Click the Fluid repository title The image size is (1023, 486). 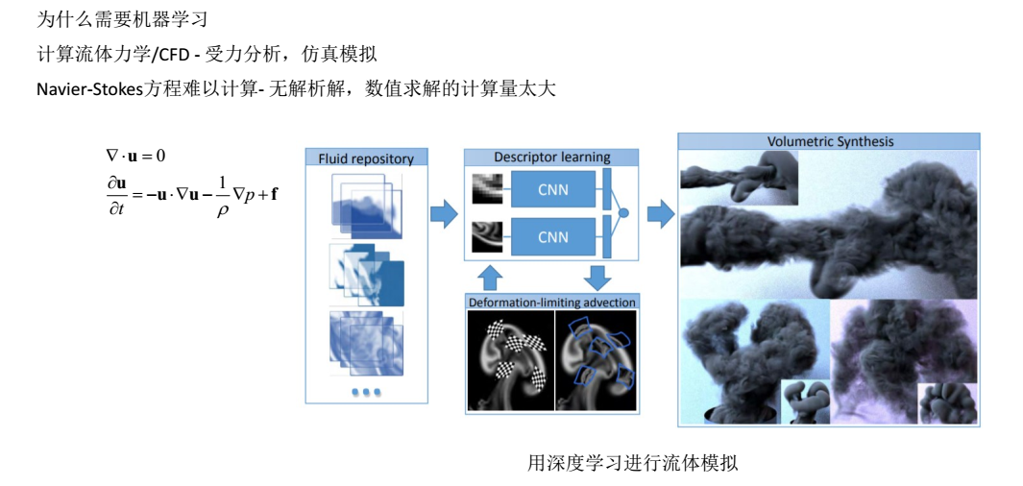click(x=366, y=158)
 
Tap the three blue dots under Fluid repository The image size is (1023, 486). click(x=365, y=392)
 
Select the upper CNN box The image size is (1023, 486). click(x=552, y=189)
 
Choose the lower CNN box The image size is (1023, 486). click(x=552, y=236)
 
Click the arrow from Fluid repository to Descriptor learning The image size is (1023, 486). click(x=445, y=213)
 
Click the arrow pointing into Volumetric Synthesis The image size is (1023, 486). click(x=660, y=213)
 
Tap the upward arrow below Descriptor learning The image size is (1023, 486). click(x=490, y=279)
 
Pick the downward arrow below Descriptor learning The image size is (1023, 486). click(x=597, y=278)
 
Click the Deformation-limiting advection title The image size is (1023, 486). click(x=551, y=303)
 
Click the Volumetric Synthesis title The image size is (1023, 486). click(x=830, y=141)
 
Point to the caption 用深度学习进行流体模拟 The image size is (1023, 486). click(x=632, y=463)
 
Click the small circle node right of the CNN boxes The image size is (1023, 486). click(x=622, y=212)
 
